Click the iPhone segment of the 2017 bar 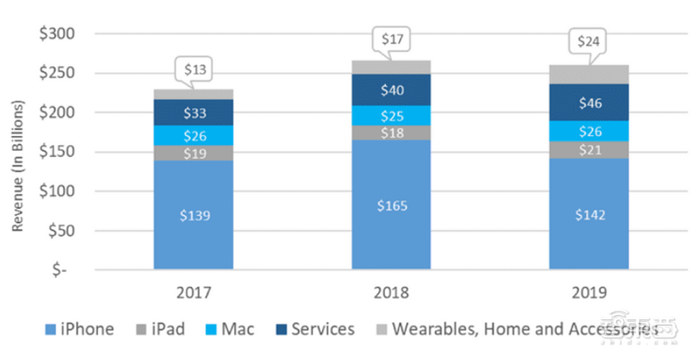(193, 215)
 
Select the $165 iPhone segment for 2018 (390, 206)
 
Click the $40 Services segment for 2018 (390, 89)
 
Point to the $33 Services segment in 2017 (193, 113)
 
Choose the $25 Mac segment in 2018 (390, 115)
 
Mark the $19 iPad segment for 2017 (193, 153)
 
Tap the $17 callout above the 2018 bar (390, 39)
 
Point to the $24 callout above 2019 (587, 42)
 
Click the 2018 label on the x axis (390, 292)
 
